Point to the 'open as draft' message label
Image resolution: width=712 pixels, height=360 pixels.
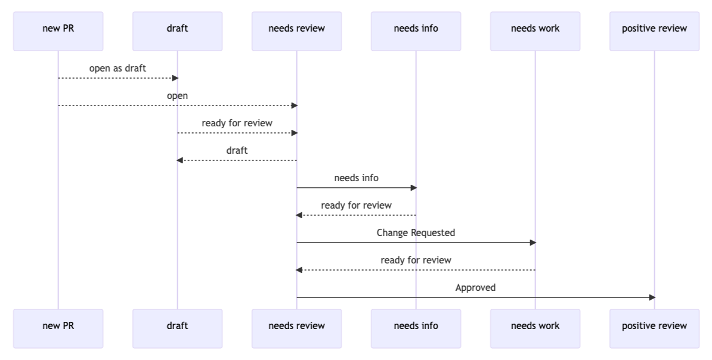117,69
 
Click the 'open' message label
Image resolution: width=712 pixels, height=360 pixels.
177,96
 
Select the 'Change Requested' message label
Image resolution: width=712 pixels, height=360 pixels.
416,233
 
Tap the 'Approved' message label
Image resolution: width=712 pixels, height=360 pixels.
475,288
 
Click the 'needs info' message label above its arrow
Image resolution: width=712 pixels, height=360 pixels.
356,178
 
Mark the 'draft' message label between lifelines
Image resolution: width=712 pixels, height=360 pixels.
237,151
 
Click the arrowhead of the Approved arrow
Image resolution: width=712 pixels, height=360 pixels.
652,297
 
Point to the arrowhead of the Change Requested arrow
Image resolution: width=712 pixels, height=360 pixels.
533,243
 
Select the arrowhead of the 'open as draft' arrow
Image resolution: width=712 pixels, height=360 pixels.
175,78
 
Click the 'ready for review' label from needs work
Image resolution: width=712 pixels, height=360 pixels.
416,260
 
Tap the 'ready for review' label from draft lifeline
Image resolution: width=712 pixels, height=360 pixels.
237,123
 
